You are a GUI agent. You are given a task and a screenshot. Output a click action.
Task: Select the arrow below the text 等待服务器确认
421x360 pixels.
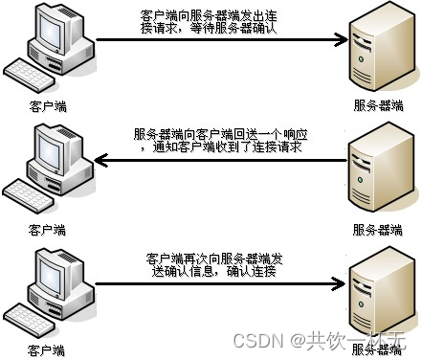click(x=220, y=40)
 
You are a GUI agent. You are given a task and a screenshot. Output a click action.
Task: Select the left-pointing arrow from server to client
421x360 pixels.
click(x=220, y=162)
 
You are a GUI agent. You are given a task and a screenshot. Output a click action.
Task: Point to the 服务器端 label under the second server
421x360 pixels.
click(x=377, y=230)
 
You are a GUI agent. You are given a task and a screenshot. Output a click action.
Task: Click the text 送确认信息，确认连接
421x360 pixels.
click(x=211, y=273)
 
